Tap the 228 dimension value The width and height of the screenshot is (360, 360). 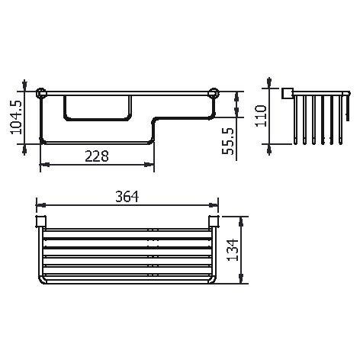95,156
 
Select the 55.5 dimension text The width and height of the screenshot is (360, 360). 227,141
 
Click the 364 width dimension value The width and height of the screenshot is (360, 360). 127,197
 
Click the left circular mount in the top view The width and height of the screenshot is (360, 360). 42,95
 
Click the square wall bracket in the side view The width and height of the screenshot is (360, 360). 288,94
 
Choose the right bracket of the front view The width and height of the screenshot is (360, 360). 214,222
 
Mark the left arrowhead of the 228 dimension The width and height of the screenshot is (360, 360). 43,164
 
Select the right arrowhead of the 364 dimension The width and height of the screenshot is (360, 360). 214,205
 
